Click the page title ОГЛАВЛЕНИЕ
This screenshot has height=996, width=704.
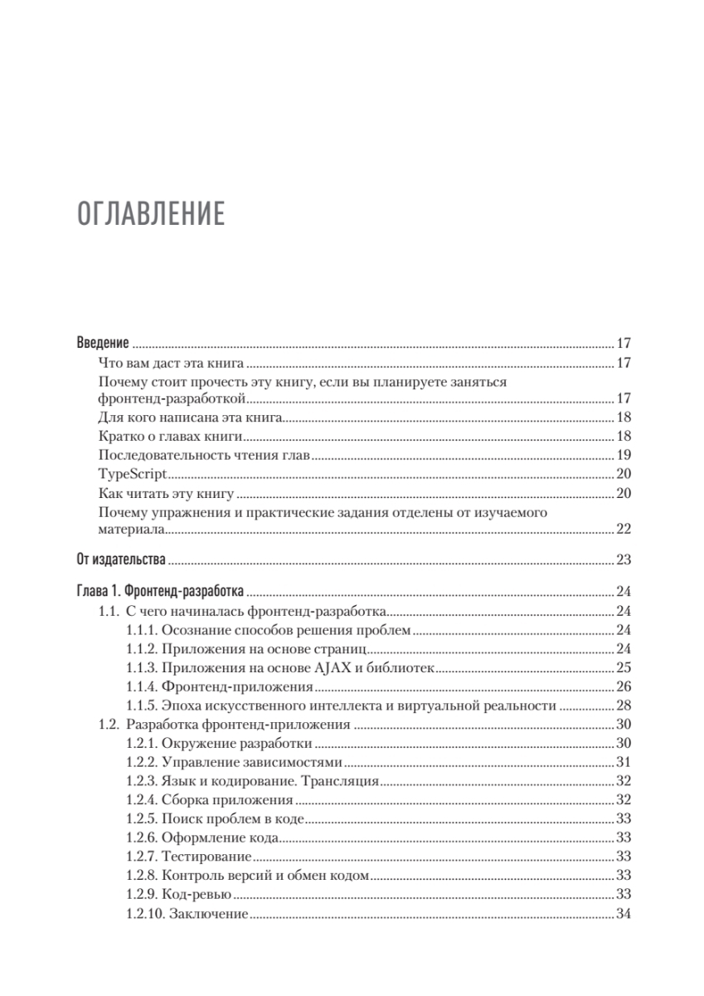(151, 213)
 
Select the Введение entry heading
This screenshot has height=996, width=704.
(103, 343)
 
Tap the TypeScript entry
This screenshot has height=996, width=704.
(132, 474)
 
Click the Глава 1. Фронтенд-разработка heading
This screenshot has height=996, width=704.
(160, 592)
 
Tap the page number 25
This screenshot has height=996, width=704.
(624, 668)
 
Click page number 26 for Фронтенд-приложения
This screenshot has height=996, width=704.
(624, 687)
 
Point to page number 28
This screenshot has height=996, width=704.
(624, 706)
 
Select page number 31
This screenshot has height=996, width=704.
(624, 763)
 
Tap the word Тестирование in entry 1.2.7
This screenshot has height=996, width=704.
(207, 857)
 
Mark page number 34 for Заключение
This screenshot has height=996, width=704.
(624, 914)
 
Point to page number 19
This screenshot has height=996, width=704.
(624, 455)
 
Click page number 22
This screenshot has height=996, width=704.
(624, 530)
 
